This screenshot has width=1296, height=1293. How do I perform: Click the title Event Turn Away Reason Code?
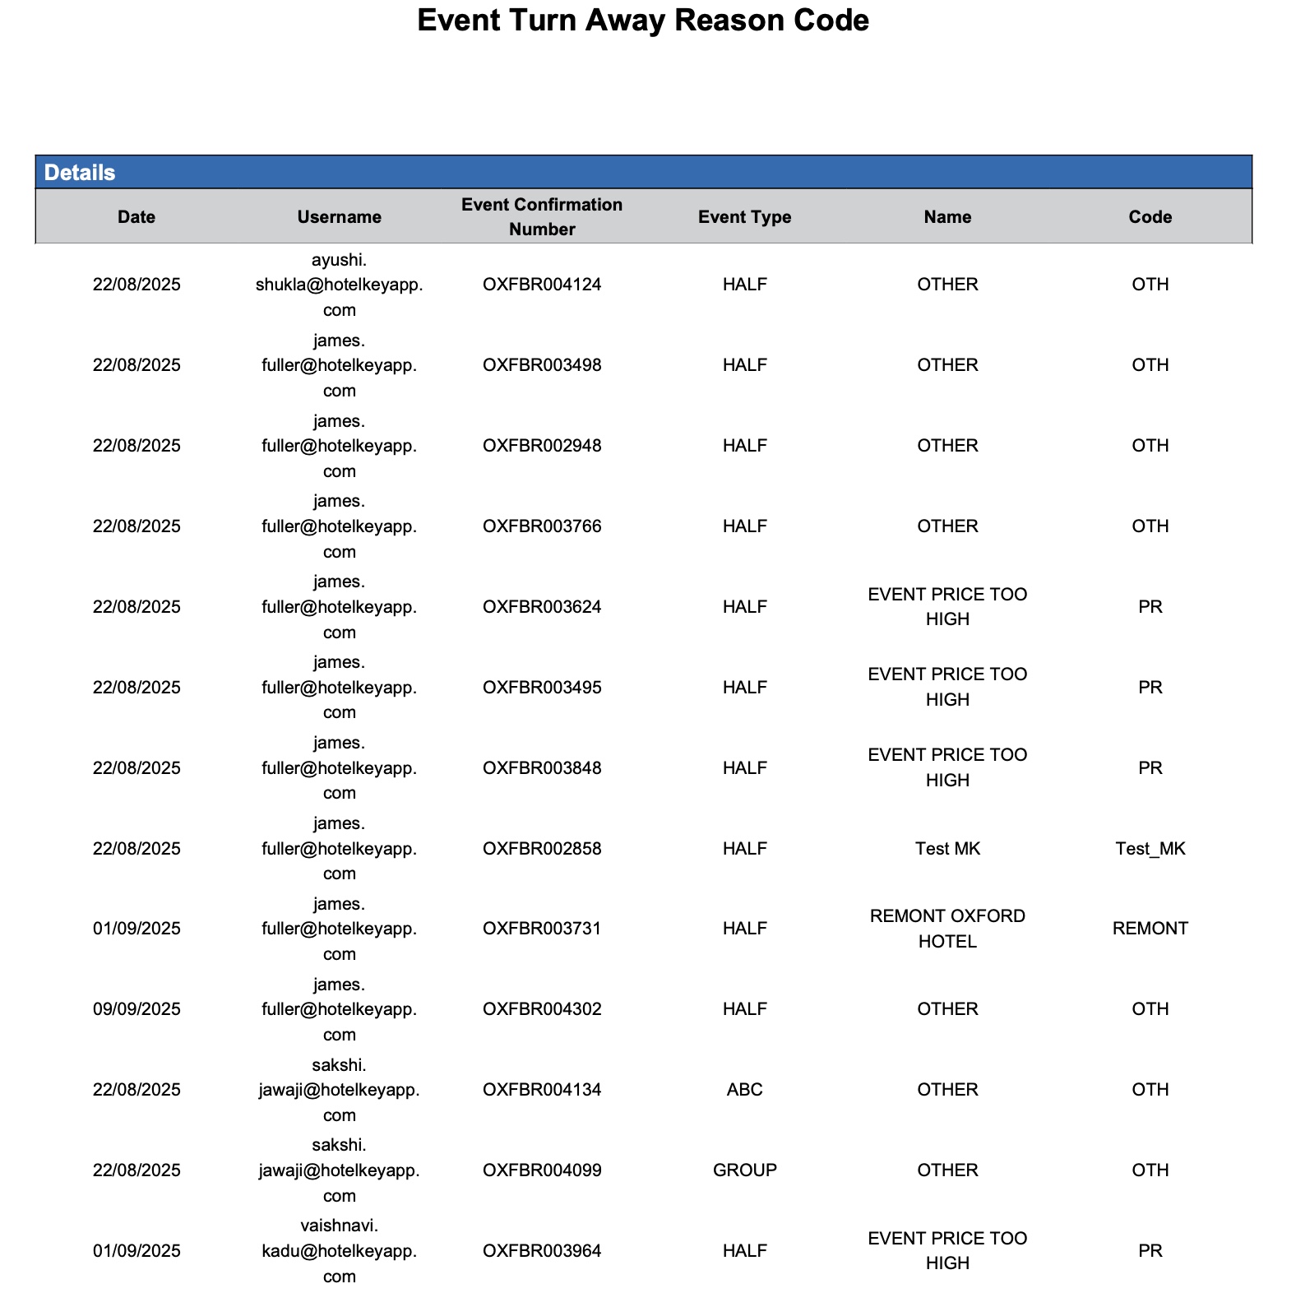pyautogui.click(x=642, y=21)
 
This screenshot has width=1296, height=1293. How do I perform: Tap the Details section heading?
pyautogui.click(x=80, y=173)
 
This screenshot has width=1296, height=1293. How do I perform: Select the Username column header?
pyautogui.click(x=339, y=217)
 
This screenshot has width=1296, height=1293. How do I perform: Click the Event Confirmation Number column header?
pyautogui.click(x=542, y=217)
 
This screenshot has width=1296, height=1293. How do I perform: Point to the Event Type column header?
pyautogui.click(x=744, y=217)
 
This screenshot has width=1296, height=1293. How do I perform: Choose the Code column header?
pyautogui.click(x=1150, y=217)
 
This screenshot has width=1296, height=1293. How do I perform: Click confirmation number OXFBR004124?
pyautogui.click(x=542, y=285)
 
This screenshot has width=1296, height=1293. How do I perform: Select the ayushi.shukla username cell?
pyautogui.click(x=339, y=285)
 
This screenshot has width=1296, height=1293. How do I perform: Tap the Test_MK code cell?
pyautogui.click(x=1150, y=849)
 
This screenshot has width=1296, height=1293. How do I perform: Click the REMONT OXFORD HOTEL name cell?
pyautogui.click(x=947, y=929)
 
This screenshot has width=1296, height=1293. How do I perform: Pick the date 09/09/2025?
pyautogui.click(x=137, y=1009)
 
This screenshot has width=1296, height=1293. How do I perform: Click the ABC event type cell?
pyautogui.click(x=744, y=1090)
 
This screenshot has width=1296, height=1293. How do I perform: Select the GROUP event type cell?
pyautogui.click(x=744, y=1170)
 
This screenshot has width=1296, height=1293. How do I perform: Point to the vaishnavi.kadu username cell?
pyautogui.click(x=339, y=1251)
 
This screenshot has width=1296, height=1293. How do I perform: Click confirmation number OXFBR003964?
pyautogui.click(x=542, y=1251)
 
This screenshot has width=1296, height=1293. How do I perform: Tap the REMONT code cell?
pyautogui.click(x=1150, y=929)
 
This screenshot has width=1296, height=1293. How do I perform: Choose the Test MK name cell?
pyautogui.click(x=947, y=849)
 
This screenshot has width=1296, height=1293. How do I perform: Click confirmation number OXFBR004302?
pyautogui.click(x=542, y=1009)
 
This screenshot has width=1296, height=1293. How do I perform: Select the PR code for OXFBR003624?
pyautogui.click(x=1150, y=607)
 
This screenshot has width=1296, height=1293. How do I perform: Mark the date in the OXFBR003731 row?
pyautogui.click(x=137, y=929)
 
